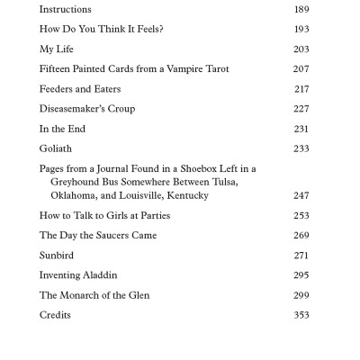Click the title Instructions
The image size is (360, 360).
tap(65, 9)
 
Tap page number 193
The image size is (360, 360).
tap(301, 30)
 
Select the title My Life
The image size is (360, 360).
tap(57, 49)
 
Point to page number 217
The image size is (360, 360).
tap(301, 89)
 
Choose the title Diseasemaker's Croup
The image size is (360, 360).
tap(86, 109)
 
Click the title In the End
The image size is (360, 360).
tap(62, 129)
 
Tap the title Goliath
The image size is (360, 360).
tap(56, 148)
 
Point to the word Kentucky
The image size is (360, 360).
tap(185, 195)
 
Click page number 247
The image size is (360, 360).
tap(301, 195)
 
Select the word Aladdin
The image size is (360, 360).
tap(99, 275)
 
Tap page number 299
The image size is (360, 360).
tap(301, 295)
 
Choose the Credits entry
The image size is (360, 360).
tap(55, 315)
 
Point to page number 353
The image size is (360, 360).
tap(301, 315)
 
